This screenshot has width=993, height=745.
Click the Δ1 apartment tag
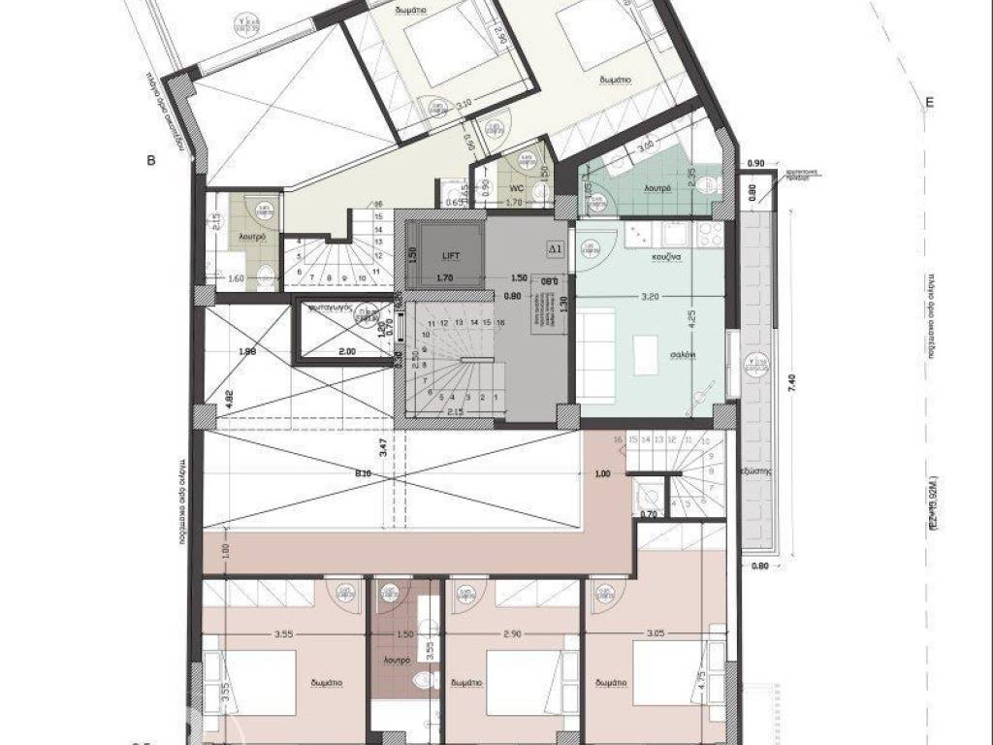[556, 248]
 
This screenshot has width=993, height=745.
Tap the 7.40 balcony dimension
[792, 382]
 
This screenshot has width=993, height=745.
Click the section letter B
[151, 162]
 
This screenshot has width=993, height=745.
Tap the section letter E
[929, 103]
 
